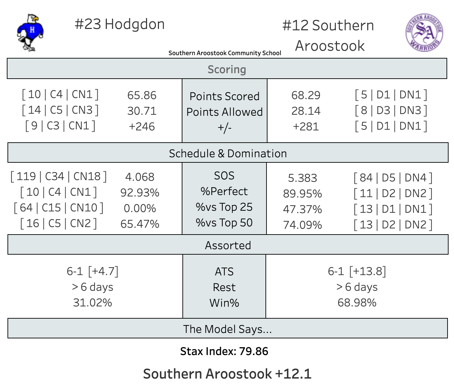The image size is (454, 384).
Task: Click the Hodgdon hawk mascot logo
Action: (30, 33)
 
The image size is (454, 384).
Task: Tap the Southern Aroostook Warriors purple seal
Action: (424, 33)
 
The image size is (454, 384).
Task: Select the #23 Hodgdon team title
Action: (119, 25)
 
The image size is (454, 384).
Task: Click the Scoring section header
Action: (227, 69)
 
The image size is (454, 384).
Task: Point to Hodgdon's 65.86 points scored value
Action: (142, 95)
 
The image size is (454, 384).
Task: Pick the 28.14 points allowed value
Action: (306, 111)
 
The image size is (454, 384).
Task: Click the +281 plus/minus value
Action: (306, 127)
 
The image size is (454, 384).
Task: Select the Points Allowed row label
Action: (225, 112)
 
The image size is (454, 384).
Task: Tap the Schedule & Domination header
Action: (228, 154)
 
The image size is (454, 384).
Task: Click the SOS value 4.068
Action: (140, 177)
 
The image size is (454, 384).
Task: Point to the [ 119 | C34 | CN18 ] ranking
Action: (59, 176)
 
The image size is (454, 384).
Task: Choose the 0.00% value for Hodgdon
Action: (140, 208)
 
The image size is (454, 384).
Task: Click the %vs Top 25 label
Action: (224, 207)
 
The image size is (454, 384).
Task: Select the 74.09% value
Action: (302, 225)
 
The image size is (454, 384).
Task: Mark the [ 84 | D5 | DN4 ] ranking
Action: (393, 178)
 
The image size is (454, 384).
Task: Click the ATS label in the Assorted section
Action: (224, 272)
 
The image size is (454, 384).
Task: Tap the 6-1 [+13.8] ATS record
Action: (357, 271)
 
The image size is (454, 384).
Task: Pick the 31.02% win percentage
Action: (93, 303)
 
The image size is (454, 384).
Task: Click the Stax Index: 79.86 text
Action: (224, 351)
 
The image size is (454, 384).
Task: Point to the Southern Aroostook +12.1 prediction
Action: (227, 374)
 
